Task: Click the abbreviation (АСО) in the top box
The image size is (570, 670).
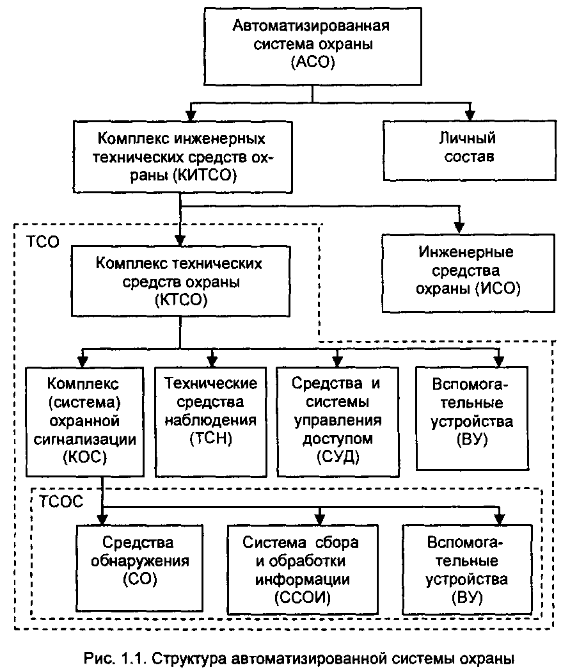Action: [x=312, y=63]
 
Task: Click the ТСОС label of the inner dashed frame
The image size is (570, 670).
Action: [x=60, y=502]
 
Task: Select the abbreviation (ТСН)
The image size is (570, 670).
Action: [x=211, y=439]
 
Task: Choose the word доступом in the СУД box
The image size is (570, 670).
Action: [x=336, y=439]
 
